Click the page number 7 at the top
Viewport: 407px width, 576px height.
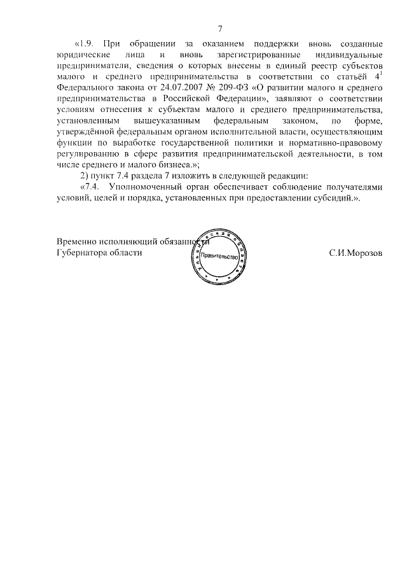pos(219,29)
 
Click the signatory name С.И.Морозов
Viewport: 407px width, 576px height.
pos(356,252)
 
